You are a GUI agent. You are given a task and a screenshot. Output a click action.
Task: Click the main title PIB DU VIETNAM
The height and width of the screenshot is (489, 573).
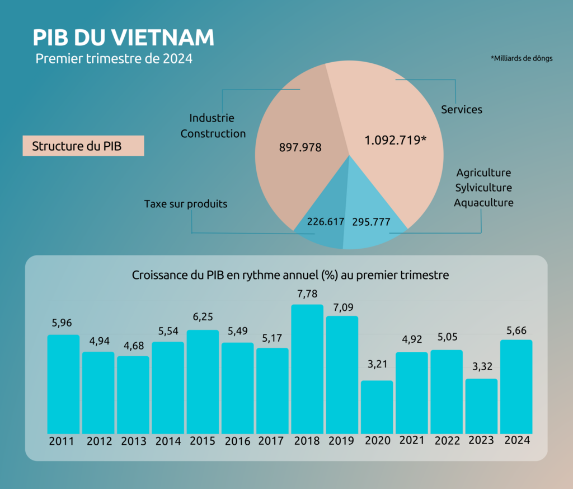(x=123, y=38)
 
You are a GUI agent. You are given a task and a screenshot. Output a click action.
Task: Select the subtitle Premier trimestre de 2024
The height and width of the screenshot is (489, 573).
(x=114, y=59)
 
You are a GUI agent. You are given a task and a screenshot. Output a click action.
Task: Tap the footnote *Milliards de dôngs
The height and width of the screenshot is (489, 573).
(x=522, y=58)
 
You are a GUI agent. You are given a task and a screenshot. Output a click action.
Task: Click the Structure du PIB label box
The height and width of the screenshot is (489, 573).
(x=83, y=146)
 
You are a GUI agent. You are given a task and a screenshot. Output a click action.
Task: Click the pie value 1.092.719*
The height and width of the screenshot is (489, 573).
(x=396, y=140)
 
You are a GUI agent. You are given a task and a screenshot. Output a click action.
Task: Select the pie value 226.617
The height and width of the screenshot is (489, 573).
(x=325, y=222)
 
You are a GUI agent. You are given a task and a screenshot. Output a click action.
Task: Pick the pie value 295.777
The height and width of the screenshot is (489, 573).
(x=371, y=222)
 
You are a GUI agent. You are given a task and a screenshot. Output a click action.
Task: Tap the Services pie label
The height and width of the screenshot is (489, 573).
(x=462, y=110)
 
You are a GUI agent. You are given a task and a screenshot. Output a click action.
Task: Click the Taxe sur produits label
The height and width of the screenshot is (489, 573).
(x=186, y=204)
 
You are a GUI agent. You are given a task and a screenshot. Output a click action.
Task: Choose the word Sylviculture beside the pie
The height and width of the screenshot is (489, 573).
(x=483, y=188)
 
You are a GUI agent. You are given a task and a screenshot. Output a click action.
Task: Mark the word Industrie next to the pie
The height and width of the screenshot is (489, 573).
(x=212, y=118)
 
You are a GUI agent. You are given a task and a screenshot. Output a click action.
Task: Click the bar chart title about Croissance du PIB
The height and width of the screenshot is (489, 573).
(x=290, y=276)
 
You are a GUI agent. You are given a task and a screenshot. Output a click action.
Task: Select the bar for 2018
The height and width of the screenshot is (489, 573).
(x=307, y=369)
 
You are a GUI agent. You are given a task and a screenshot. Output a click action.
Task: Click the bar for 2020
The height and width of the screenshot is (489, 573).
(x=377, y=407)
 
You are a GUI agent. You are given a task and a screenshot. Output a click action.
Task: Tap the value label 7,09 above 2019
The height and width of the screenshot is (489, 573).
(x=342, y=308)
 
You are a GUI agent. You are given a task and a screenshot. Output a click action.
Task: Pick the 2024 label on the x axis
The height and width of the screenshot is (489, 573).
(x=516, y=440)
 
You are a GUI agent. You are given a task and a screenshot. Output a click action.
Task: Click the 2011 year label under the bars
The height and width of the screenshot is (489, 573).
(x=62, y=441)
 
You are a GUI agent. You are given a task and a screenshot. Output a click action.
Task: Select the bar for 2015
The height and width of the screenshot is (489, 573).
(x=203, y=382)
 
